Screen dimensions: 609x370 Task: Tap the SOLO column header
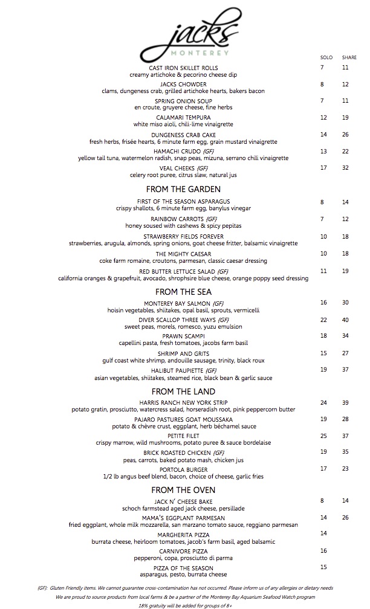326,57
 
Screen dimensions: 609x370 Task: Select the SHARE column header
349,57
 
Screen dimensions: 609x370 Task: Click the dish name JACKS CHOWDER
184,85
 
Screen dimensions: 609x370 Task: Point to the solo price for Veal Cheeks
323,167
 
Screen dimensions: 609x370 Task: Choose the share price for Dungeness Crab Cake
345,134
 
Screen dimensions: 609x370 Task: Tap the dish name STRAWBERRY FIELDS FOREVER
184,236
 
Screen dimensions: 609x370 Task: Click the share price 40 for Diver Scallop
345,320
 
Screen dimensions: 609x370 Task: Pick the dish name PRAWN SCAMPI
184,336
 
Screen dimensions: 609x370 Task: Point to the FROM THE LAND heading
183,391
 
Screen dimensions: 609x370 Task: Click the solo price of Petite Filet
323,436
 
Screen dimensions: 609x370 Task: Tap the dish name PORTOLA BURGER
184,469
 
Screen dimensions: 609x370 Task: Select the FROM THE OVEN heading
183,489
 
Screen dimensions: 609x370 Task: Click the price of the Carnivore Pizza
323,551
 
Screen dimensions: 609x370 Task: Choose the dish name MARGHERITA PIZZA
184,534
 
